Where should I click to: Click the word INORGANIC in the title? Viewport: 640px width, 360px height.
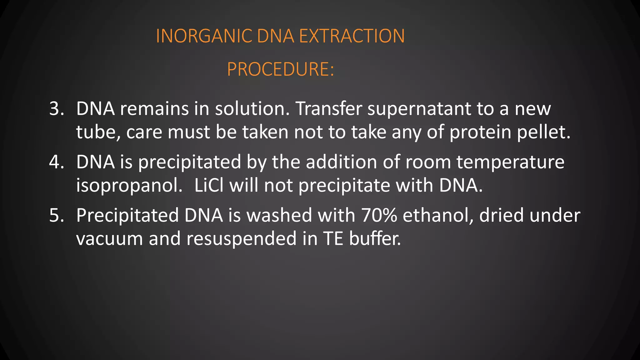[x=204, y=36]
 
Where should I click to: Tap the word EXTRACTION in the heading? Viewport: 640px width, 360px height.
[x=352, y=36]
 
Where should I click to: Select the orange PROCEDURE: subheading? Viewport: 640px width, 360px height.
[x=280, y=69]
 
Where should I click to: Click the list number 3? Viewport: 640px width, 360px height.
[x=57, y=109]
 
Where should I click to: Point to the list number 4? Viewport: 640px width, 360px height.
[x=57, y=162]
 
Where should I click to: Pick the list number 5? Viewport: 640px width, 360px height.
[x=57, y=215]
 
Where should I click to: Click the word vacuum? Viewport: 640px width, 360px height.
[x=109, y=239]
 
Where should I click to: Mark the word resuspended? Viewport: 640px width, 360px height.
[x=241, y=239]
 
